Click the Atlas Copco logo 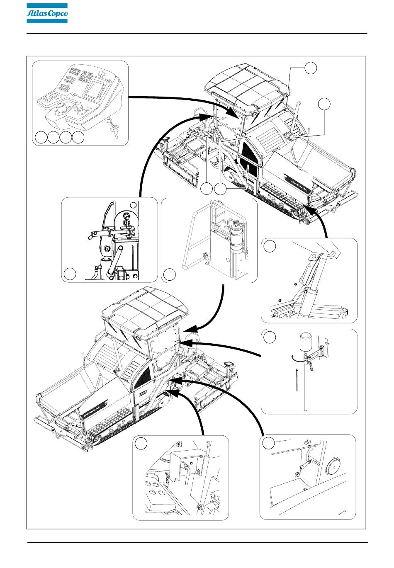[x=47, y=14]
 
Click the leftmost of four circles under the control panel [x=41, y=138]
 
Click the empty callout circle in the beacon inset [x=270, y=337]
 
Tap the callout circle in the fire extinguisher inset [x=169, y=274]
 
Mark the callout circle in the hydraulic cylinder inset [x=270, y=246]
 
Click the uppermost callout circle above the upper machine [x=311, y=68]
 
